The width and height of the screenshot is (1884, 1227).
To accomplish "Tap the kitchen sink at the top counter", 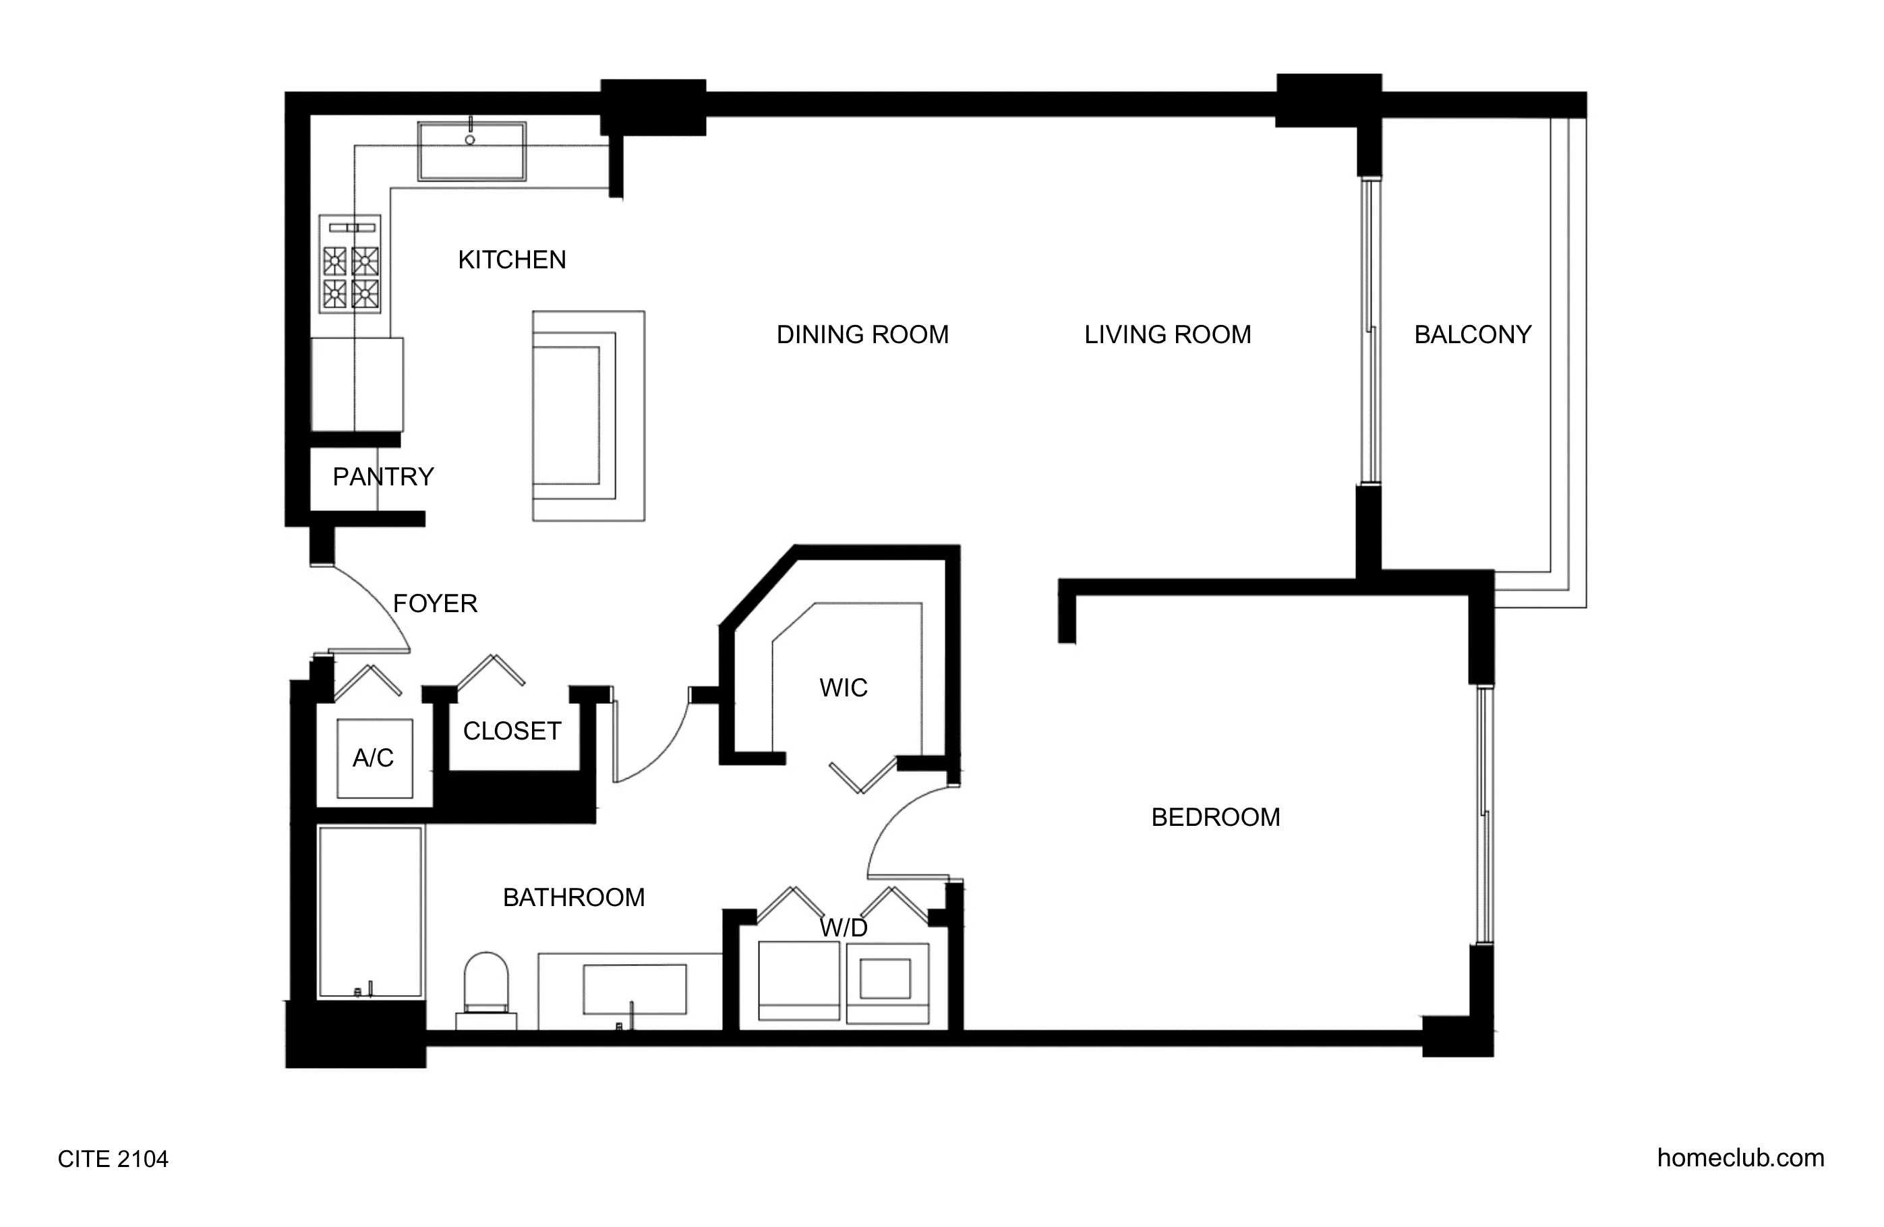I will (472, 151).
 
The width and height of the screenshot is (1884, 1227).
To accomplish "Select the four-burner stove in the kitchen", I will (350, 264).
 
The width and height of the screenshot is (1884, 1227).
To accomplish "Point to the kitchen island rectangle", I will (588, 415).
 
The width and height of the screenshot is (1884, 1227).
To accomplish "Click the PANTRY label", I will (383, 477).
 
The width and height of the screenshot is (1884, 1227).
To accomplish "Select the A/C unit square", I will (374, 758).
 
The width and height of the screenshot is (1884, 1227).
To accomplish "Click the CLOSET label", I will (512, 731).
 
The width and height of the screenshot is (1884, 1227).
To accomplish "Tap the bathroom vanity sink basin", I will (634, 989).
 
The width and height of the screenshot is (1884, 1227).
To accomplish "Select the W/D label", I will (843, 928).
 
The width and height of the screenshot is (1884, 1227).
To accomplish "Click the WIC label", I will (843, 687).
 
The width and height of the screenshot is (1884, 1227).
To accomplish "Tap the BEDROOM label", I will (1215, 817).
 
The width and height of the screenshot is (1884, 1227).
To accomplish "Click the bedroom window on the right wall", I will (1484, 814).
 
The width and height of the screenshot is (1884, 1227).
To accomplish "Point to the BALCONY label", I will (1473, 335).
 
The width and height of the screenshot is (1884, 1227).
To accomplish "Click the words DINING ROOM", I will (862, 335).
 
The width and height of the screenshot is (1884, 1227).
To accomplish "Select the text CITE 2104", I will (113, 1159).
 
